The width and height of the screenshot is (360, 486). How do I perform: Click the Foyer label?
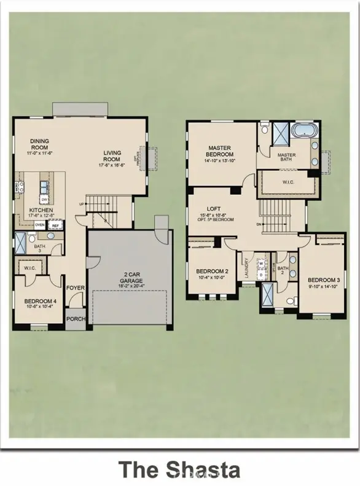tap(75, 286)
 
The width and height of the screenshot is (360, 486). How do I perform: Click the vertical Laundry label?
tap(246, 267)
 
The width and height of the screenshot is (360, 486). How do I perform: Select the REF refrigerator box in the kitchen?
tap(55, 225)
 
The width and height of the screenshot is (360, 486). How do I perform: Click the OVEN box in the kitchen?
tap(39, 225)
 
